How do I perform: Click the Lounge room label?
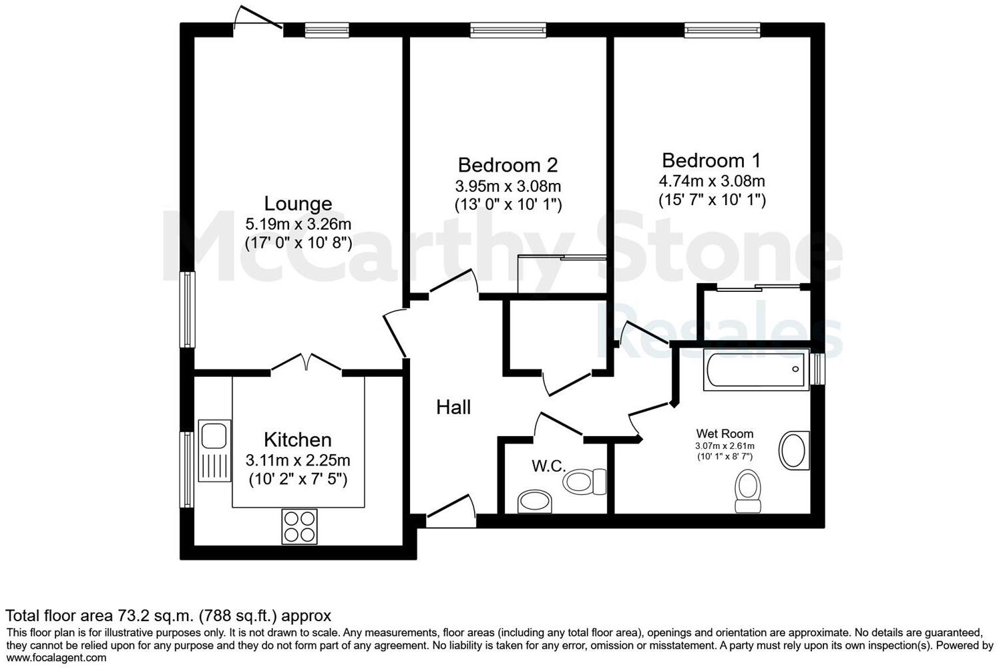tap(298, 204)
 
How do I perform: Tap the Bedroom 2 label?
tap(508, 165)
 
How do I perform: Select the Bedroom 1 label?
tap(711, 160)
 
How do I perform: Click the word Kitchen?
tap(298, 440)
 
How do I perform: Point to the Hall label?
tap(453, 407)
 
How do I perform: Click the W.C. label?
tap(548, 466)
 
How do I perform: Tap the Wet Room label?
tap(725, 434)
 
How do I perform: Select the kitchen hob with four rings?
tap(299, 526)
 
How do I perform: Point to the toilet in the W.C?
tap(584, 481)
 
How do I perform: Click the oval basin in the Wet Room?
tap(794, 450)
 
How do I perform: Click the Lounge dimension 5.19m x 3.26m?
tap(298, 224)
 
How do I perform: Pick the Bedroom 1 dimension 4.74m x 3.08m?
tap(711, 181)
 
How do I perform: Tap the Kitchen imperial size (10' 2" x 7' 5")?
tap(298, 479)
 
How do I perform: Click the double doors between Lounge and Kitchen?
tap(307, 363)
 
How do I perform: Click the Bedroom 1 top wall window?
tap(722, 29)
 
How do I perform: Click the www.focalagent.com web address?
tap(56, 657)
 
